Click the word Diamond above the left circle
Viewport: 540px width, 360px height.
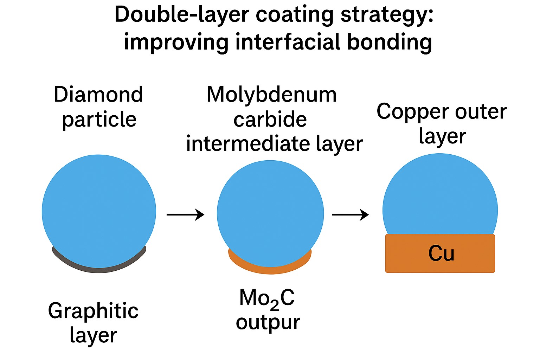click(x=98, y=95)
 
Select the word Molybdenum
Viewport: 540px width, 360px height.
click(x=271, y=95)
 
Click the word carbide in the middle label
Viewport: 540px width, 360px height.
click(x=270, y=120)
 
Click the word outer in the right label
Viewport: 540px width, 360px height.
click(x=481, y=112)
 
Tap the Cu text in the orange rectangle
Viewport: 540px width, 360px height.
click(x=441, y=253)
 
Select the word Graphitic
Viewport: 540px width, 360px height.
click(x=93, y=311)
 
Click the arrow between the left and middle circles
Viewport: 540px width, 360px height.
click(x=185, y=214)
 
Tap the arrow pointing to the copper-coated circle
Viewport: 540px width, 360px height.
click(x=351, y=214)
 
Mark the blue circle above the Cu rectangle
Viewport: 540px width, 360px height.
click(x=440, y=197)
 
